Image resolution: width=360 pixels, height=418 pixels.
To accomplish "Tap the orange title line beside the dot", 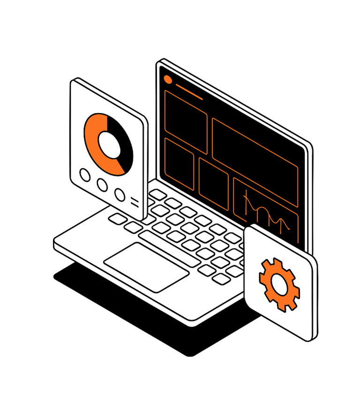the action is click(x=188, y=92).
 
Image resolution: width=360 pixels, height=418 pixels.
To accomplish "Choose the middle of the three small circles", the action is click(x=102, y=184).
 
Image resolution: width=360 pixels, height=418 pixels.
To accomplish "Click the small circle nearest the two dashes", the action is click(x=120, y=194).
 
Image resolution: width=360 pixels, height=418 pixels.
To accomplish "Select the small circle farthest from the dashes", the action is click(x=85, y=175).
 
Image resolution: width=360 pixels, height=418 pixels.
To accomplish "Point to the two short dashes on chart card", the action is click(x=135, y=202).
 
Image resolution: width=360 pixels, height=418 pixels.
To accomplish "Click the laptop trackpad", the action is click(x=146, y=267).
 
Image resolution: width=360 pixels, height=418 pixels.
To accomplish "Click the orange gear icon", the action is click(x=280, y=284).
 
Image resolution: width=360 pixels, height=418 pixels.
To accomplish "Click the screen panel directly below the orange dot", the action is click(x=186, y=122).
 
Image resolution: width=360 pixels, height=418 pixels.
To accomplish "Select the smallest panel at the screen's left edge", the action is click(x=179, y=164).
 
